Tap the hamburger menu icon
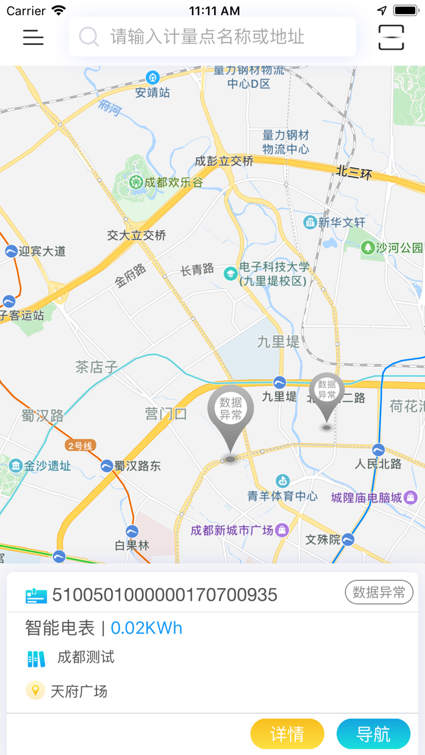(x=33, y=37)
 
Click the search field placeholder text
(x=207, y=37)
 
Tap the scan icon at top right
(x=391, y=37)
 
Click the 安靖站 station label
(x=152, y=92)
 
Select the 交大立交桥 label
(x=137, y=235)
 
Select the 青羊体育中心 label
(x=282, y=496)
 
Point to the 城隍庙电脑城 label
(x=367, y=498)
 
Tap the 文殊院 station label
(x=323, y=540)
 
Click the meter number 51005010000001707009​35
(x=165, y=595)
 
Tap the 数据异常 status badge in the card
(x=379, y=593)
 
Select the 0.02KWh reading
(x=146, y=628)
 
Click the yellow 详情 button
(x=287, y=734)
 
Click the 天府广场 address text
(x=79, y=691)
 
